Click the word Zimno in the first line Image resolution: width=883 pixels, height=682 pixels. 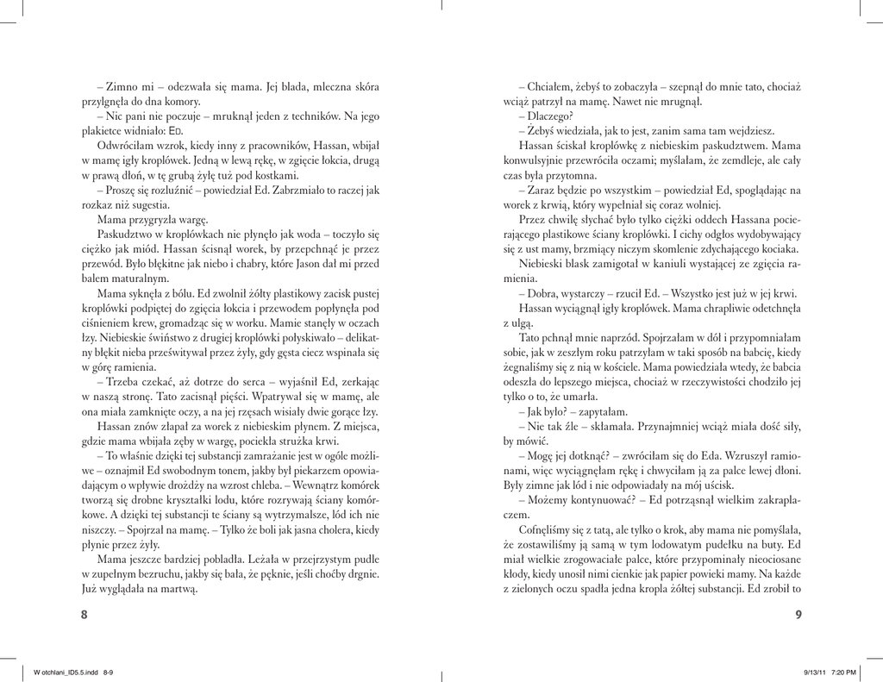[122, 87]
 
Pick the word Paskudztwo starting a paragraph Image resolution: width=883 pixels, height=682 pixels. [127, 234]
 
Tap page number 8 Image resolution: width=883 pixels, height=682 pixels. [84, 614]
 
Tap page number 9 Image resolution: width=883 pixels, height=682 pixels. [799, 614]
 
